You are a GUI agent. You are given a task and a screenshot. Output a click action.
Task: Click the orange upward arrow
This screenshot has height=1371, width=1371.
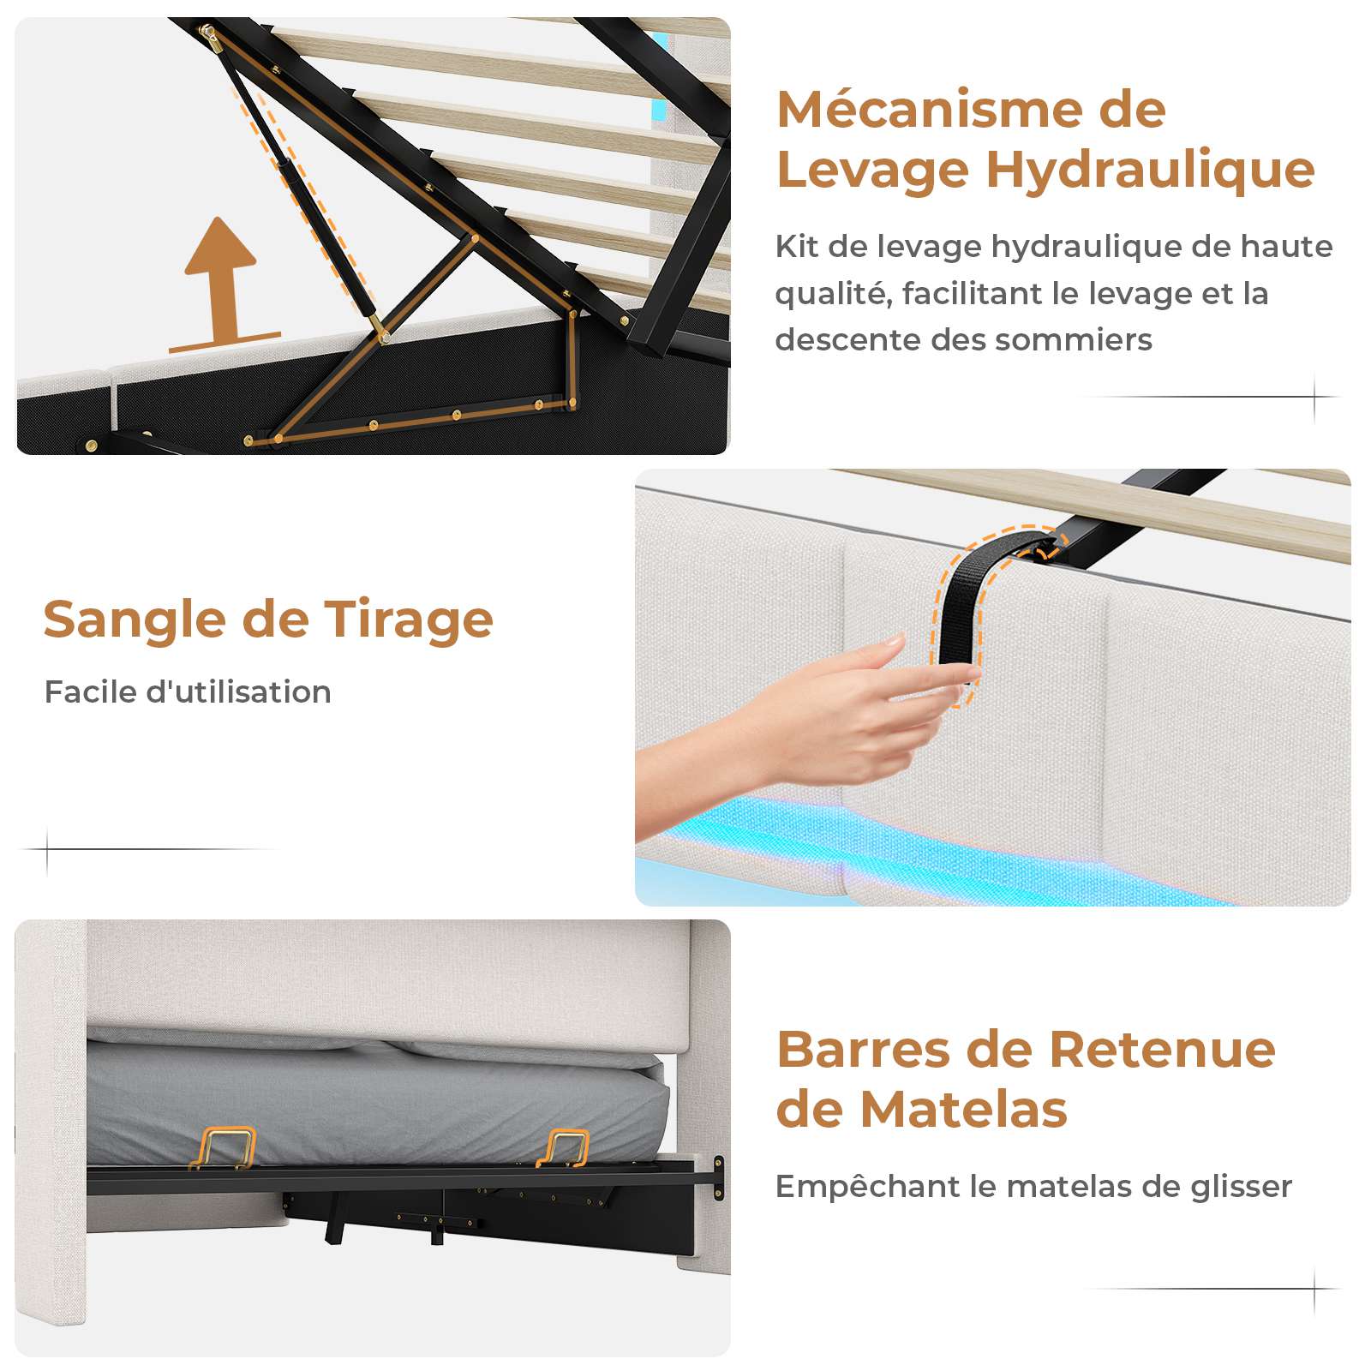pyautogui.click(x=222, y=283)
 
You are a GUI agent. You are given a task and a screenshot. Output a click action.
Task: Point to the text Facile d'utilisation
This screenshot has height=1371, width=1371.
pyautogui.click(x=188, y=691)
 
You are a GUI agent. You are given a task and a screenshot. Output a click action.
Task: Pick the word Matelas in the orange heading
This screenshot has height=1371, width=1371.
pyautogui.click(x=963, y=1111)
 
